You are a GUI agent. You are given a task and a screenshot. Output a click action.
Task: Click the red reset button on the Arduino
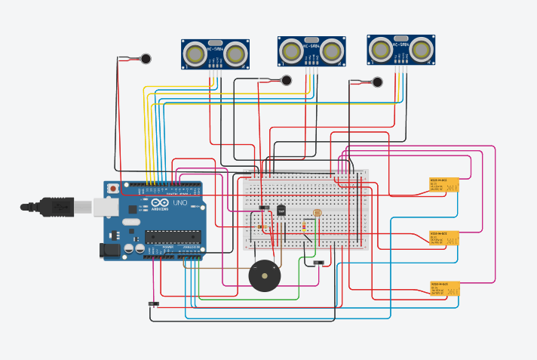click(113, 188)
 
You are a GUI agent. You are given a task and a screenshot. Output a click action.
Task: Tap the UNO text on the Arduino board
click(180, 204)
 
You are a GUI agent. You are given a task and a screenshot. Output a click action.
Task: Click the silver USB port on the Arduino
click(106, 206)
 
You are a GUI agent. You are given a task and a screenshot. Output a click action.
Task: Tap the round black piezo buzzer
click(263, 277)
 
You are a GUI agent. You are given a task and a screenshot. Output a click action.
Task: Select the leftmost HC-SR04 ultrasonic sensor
click(216, 54)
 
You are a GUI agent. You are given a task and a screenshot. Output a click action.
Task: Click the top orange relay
click(443, 185)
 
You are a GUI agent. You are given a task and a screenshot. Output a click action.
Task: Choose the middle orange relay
click(443, 238)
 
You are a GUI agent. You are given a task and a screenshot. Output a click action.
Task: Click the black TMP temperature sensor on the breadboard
click(281, 211)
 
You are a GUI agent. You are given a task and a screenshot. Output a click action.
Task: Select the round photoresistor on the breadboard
click(315, 214)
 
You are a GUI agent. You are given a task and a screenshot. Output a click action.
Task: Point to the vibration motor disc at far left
click(145, 58)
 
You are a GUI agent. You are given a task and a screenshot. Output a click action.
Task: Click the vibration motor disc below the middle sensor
click(286, 80)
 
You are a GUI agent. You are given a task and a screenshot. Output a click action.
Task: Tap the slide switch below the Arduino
click(154, 304)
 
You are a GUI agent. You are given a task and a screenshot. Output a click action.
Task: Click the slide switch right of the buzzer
click(318, 263)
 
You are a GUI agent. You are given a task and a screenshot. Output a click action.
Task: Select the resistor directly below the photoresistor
click(304, 226)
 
